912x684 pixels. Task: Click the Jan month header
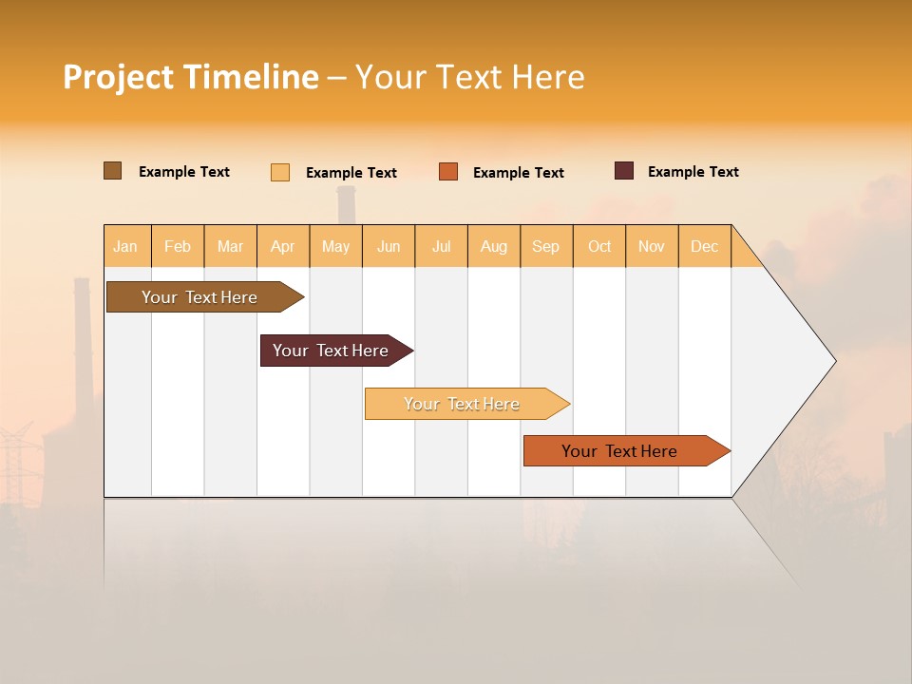tap(126, 246)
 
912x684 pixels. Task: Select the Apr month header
tap(283, 246)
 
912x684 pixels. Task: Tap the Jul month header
tap(441, 246)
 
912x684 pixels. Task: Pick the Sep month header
tap(545, 246)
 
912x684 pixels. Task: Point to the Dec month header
tap(704, 246)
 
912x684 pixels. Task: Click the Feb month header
tap(178, 246)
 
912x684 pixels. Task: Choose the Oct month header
tap(599, 246)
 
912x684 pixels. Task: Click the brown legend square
tap(113, 171)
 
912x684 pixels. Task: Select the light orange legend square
tap(280, 172)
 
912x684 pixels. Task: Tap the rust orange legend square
tap(448, 171)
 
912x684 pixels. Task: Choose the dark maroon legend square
tap(624, 171)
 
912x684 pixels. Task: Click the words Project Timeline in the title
tap(191, 77)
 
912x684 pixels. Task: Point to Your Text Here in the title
tap(469, 77)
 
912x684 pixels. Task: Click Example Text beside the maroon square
tap(693, 172)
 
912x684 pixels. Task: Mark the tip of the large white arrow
tap(834, 360)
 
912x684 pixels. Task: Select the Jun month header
tap(389, 246)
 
